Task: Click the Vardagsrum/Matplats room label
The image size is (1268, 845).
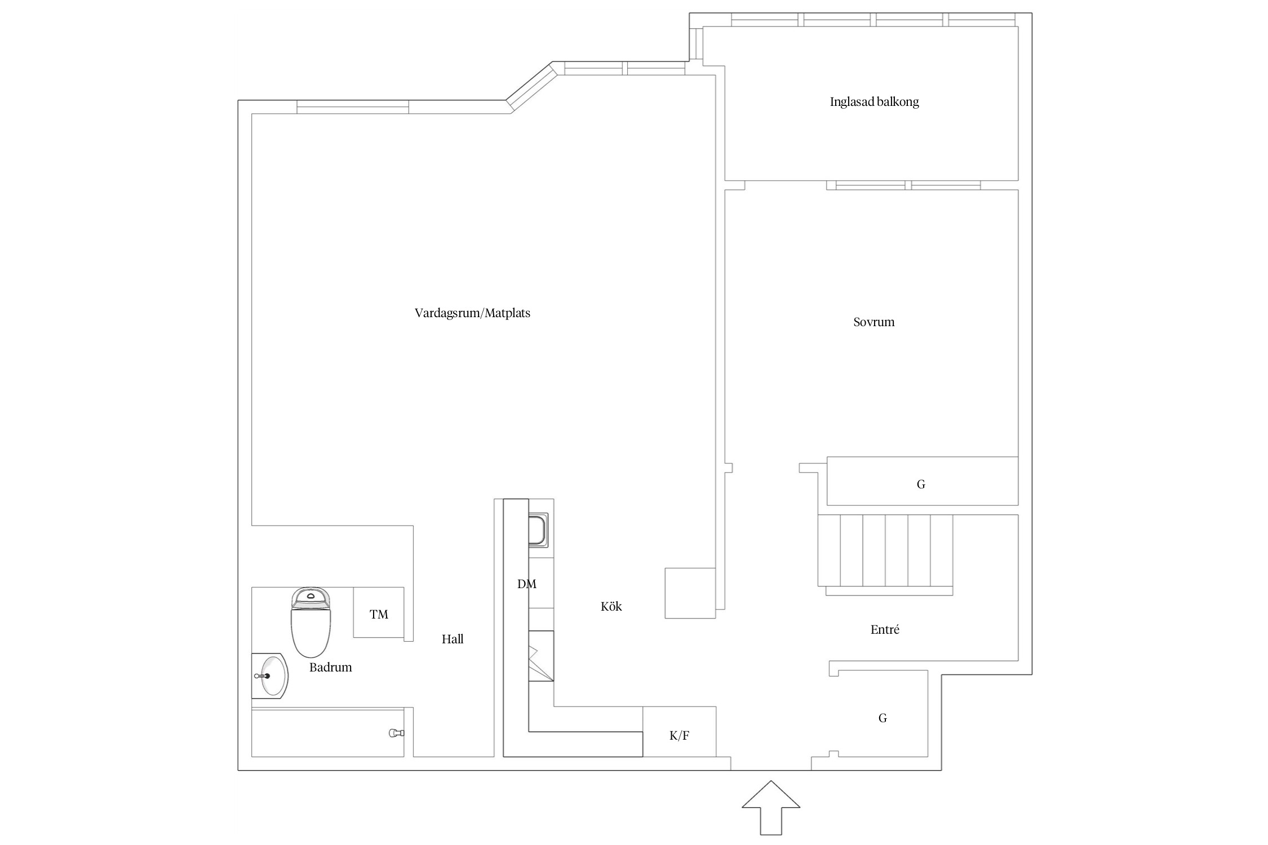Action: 472,313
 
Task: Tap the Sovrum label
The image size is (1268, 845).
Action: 874,322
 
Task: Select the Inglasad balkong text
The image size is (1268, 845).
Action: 874,102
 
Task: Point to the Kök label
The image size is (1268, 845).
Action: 611,606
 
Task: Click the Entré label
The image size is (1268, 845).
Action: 885,629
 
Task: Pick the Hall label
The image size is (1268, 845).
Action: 453,639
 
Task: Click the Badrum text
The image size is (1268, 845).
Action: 330,667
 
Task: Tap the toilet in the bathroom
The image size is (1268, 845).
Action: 311,622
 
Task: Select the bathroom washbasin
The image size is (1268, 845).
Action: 270,676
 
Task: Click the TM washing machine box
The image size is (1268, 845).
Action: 379,612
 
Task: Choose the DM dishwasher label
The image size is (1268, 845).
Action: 527,584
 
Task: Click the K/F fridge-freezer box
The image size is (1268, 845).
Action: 680,731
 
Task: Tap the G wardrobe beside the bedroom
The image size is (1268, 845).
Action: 923,481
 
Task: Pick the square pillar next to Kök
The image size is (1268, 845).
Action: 690,593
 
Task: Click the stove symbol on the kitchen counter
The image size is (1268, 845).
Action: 541,656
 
